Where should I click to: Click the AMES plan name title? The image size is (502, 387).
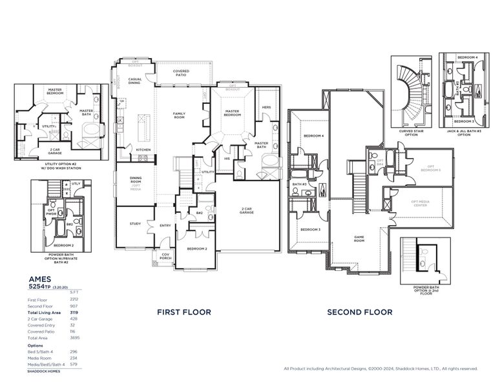point(40,279)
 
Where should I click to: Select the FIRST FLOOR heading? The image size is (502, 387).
point(184,312)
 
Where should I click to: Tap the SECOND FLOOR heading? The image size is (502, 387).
point(359,312)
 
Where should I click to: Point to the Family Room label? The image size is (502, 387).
point(179,115)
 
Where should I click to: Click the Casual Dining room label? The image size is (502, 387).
point(135,81)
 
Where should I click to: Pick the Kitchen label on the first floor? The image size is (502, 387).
point(143,150)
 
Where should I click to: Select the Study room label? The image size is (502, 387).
point(134,224)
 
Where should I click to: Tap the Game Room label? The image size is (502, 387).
point(359,238)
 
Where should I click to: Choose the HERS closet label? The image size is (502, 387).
point(266,108)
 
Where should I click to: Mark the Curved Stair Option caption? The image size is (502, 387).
point(411,132)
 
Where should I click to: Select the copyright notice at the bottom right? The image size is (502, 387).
point(381,369)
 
